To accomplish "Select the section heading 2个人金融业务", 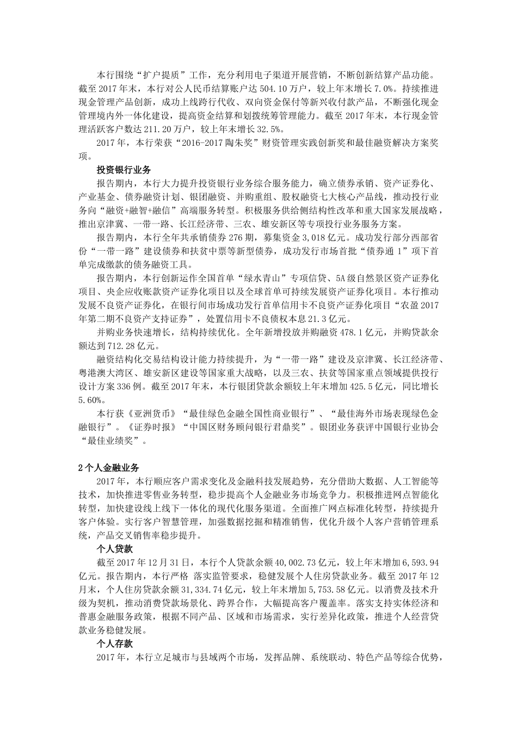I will [x=109, y=467].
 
